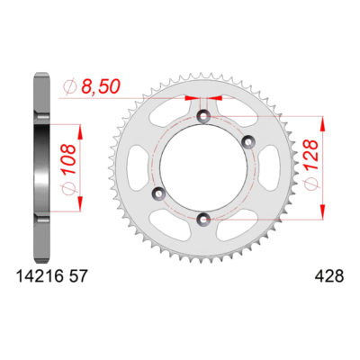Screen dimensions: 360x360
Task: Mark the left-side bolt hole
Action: pos(160,193)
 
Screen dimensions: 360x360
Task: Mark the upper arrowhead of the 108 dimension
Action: pos(82,127)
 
